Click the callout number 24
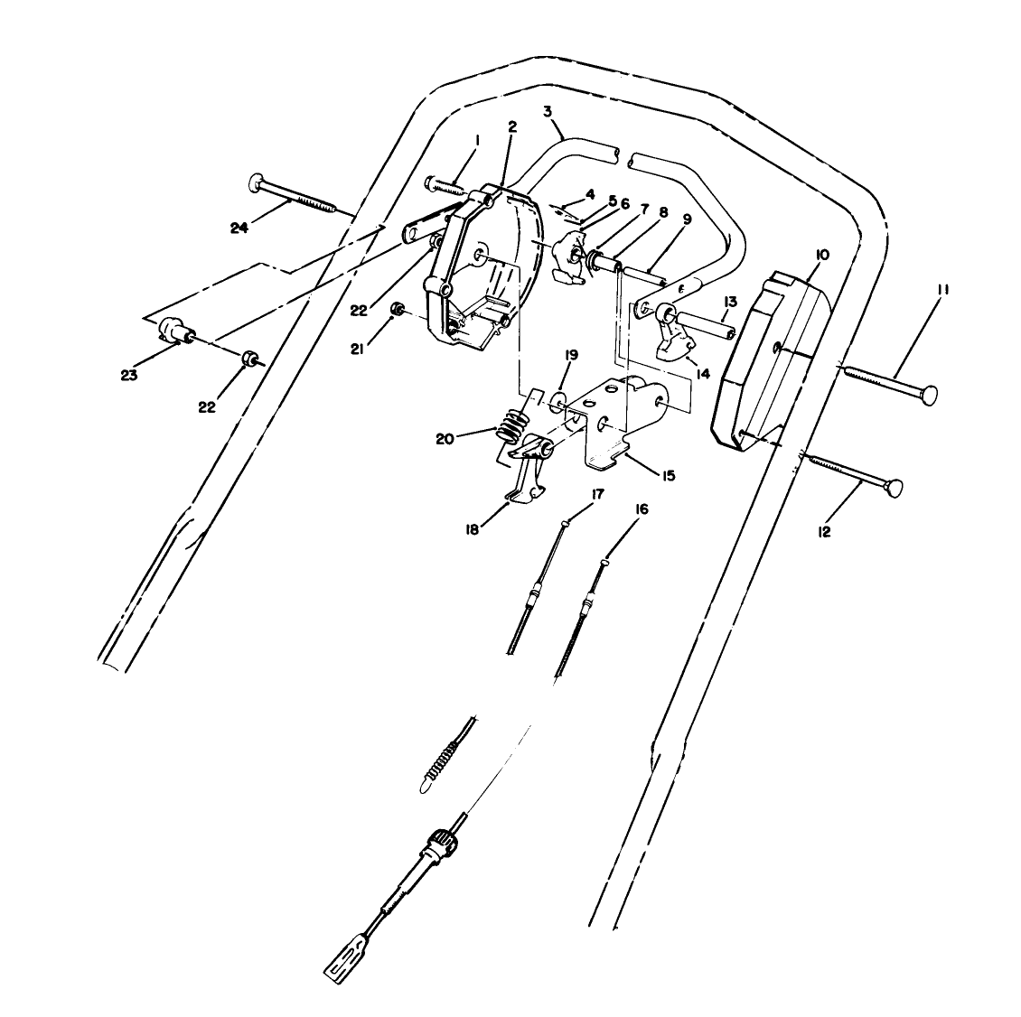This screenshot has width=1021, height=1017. [239, 228]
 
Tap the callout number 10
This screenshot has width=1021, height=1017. [821, 255]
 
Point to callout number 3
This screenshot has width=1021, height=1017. [548, 111]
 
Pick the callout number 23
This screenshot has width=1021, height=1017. [130, 375]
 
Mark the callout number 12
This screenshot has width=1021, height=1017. [824, 532]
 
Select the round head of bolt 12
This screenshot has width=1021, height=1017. [895, 489]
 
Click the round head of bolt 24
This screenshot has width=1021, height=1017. [253, 184]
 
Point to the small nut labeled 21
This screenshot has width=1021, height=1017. [395, 311]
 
